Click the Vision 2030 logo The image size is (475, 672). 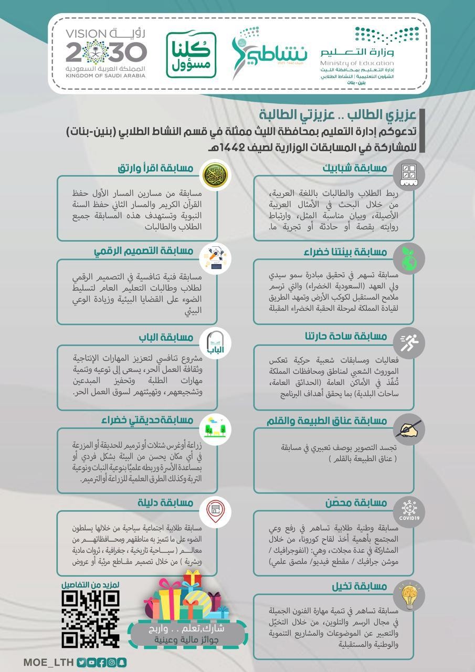tap(106, 53)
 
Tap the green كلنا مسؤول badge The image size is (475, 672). tap(191, 55)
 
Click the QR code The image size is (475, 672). tap(90, 618)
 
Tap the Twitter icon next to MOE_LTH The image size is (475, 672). tap(81, 663)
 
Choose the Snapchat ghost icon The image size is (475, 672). tap(122, 663)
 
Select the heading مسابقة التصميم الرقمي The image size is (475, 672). tap(144, 251)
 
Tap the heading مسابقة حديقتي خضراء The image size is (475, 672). tap(147, 420)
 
